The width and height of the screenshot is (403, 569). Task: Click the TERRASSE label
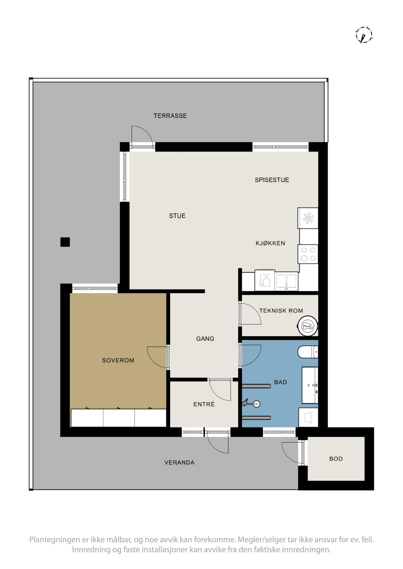click(x=170, y=116)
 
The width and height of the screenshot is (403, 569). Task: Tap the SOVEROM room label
click(x=118, y=360)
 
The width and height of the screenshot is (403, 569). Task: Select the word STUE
click(x=177, y=216)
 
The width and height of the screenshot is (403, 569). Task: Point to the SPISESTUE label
click(x=272, y=180)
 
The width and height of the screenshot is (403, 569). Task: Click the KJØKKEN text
click(x=270, y=243)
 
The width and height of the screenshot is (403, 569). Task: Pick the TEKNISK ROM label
click(x=281, y=311)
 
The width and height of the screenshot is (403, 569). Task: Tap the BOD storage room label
click(x=336, y=459)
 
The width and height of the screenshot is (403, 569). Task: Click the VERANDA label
click(x=179, y=462)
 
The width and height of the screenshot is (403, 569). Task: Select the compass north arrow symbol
click(x=364, y=35)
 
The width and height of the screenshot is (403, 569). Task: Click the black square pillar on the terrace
click(x=65, y=242)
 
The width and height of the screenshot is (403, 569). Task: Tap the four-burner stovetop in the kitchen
click(x=308, y=254)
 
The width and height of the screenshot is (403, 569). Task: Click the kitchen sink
click(x=287, y=281)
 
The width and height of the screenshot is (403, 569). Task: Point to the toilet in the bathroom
click(x=308, y=352)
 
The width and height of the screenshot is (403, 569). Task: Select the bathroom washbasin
click(x=310, y=385)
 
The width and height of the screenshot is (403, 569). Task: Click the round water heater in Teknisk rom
click(x=307, y=326)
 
